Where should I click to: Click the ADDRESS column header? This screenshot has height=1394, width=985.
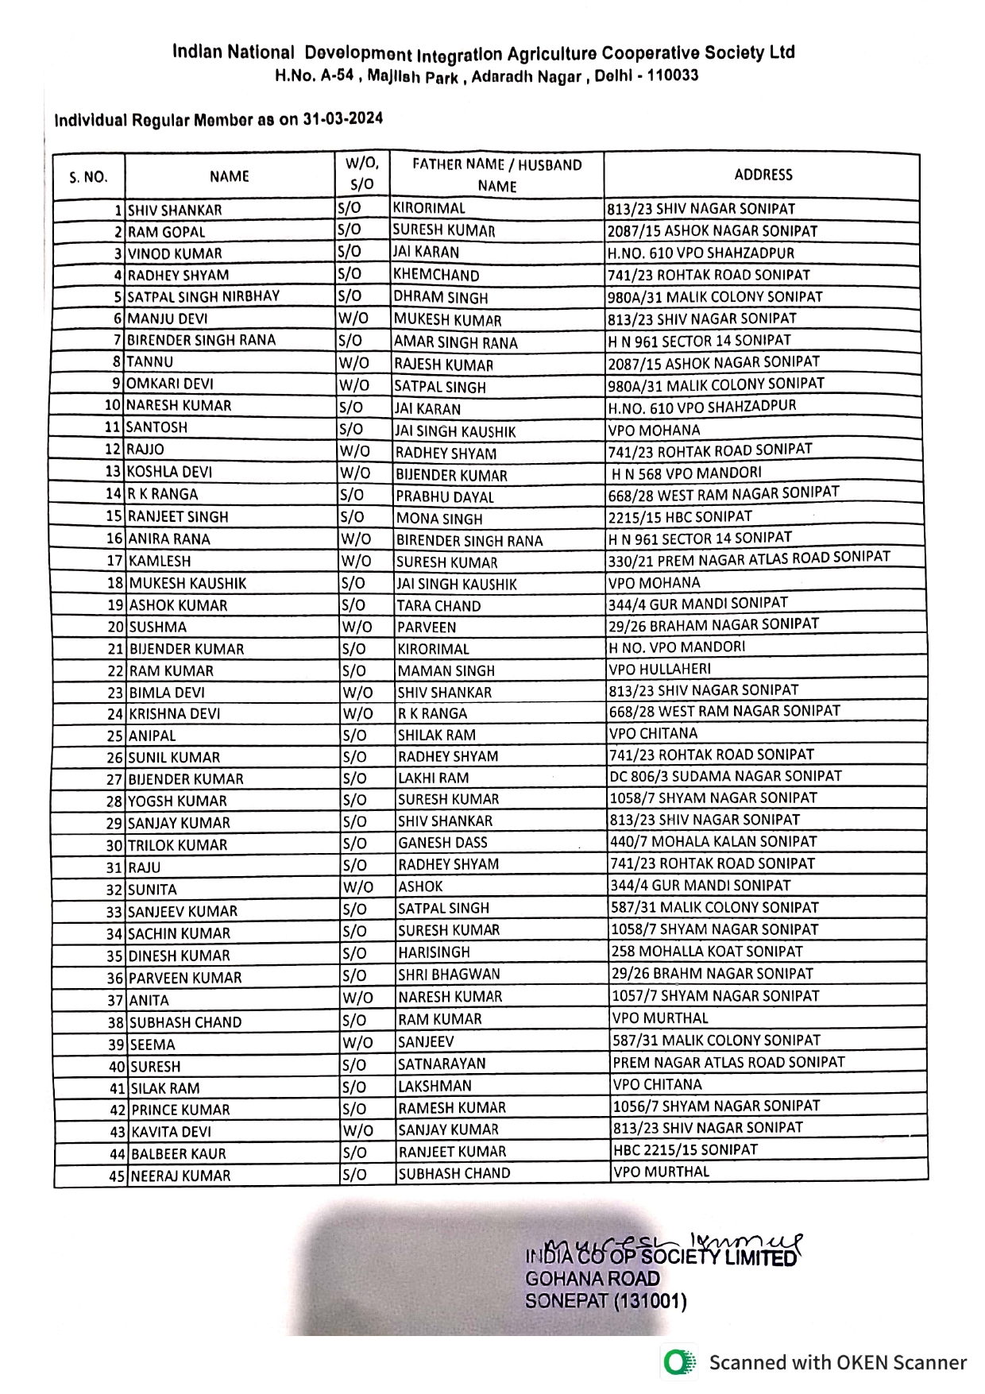tap(763, 175)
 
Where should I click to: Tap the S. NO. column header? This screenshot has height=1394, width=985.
tap(88, 177)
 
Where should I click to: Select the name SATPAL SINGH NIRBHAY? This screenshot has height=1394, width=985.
tap(203, 296)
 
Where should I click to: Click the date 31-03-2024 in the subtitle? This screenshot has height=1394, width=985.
tap(342, 119)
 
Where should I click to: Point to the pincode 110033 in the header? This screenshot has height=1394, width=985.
tap(673, 75)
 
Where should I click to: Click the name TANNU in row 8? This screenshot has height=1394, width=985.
tap(149, 361)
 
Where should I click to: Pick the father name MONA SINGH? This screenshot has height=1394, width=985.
tap(439, 519)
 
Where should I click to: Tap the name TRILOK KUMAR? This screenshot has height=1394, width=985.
tap(178, 845)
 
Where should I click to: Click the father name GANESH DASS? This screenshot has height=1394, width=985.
tap(442, 842)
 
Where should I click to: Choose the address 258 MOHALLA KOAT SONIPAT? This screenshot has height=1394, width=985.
tap(706, 951)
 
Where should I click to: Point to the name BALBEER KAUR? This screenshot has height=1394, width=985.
tap(178, 1153)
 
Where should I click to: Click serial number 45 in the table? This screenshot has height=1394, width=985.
tap(117, 1176)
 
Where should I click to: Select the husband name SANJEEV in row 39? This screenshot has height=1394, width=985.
tap(426, 1041)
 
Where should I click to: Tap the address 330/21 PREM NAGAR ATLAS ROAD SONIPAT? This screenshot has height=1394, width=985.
tap(749, 558)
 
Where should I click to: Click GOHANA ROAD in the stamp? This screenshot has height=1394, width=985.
tap(593, 1278)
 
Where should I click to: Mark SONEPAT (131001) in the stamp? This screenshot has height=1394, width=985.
tap(605, 1301)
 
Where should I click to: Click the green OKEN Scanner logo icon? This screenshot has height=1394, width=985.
tap(678, 1362)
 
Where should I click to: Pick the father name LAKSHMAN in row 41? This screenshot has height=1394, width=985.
tap(435, 1086)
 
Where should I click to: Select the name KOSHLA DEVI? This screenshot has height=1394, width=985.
tap(170, 471)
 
